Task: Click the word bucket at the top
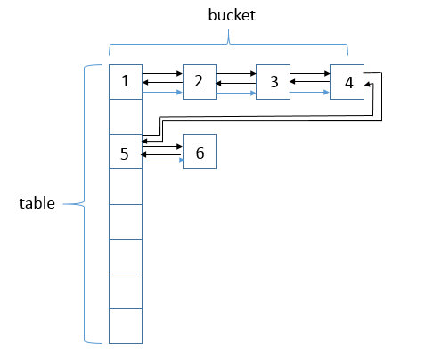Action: (x=232, y=15)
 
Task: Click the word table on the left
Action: (x=37, y=203)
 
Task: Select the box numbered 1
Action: (x=126, y=82)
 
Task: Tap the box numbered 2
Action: (x=200, y=82)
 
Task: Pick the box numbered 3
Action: (x=273, y=82)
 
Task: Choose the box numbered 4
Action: (x=347, y=82)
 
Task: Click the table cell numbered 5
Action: (x=126, y=151)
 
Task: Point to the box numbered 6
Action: (x=200, y=151)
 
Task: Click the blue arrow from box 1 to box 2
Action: (x=162, y=93)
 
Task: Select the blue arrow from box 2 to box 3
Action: (x=236, y=94)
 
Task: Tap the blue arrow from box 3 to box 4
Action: (x=309, y=93)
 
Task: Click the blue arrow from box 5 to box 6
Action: (x=164, y=160)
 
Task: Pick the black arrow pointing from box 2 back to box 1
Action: (x=162, y=82)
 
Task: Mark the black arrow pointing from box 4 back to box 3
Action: (x=310, y=81)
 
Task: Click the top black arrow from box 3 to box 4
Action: (x=310, y=73)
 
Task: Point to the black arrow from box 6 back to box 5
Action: (x=160, y=154)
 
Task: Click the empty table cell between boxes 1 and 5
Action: (x=126, y=117)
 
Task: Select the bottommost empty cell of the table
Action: (x=126, y=326)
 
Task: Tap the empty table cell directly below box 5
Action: (x=126, y=186)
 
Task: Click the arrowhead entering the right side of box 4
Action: (x=367, y=85)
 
